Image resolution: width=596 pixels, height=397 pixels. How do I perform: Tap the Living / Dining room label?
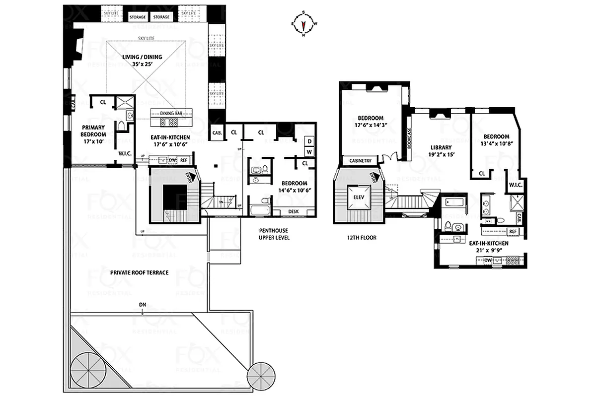[142, 60]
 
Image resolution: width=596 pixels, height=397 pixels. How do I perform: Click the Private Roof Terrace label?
[139, 272]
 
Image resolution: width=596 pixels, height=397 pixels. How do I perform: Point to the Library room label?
[441, 150]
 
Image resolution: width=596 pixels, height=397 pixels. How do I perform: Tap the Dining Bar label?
[171, 113]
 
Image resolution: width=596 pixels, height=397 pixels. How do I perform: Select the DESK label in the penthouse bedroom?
[294, 212]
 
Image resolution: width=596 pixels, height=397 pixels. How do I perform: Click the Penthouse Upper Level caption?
[274, 234]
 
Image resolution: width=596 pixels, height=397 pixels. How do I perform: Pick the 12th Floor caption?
[362, 238]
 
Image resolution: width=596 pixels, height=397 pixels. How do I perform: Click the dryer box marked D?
[308, 141]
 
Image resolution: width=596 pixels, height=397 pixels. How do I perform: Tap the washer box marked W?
[308, 151]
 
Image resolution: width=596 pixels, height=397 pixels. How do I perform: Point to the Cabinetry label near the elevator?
[361, 161]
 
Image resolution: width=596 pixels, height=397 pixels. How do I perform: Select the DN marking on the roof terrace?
[143, 305]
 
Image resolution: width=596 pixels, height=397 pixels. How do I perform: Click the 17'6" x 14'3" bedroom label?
[371, 121]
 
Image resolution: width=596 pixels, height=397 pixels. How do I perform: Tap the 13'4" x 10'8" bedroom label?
[497, 140]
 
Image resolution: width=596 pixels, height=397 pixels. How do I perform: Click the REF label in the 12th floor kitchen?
[513, 231]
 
